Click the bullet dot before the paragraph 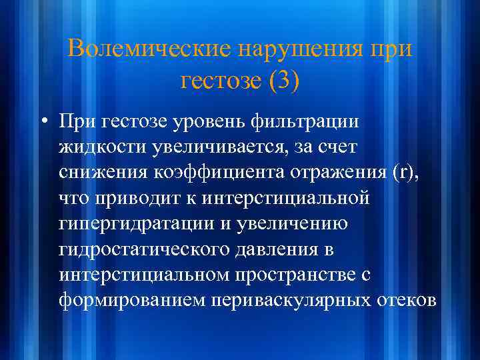tap(44, 123)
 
